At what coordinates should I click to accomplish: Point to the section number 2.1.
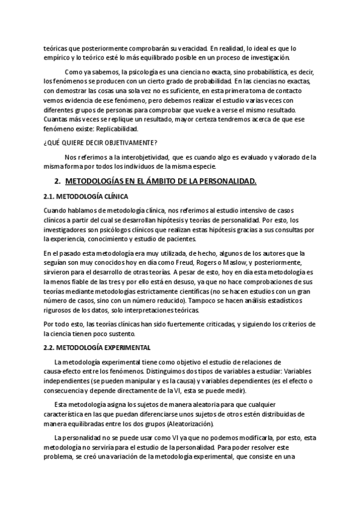click(49, 196)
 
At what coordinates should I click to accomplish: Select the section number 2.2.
click(49, 348)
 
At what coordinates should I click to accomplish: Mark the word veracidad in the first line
click(188, 48)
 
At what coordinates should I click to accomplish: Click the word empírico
click(58, 58)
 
